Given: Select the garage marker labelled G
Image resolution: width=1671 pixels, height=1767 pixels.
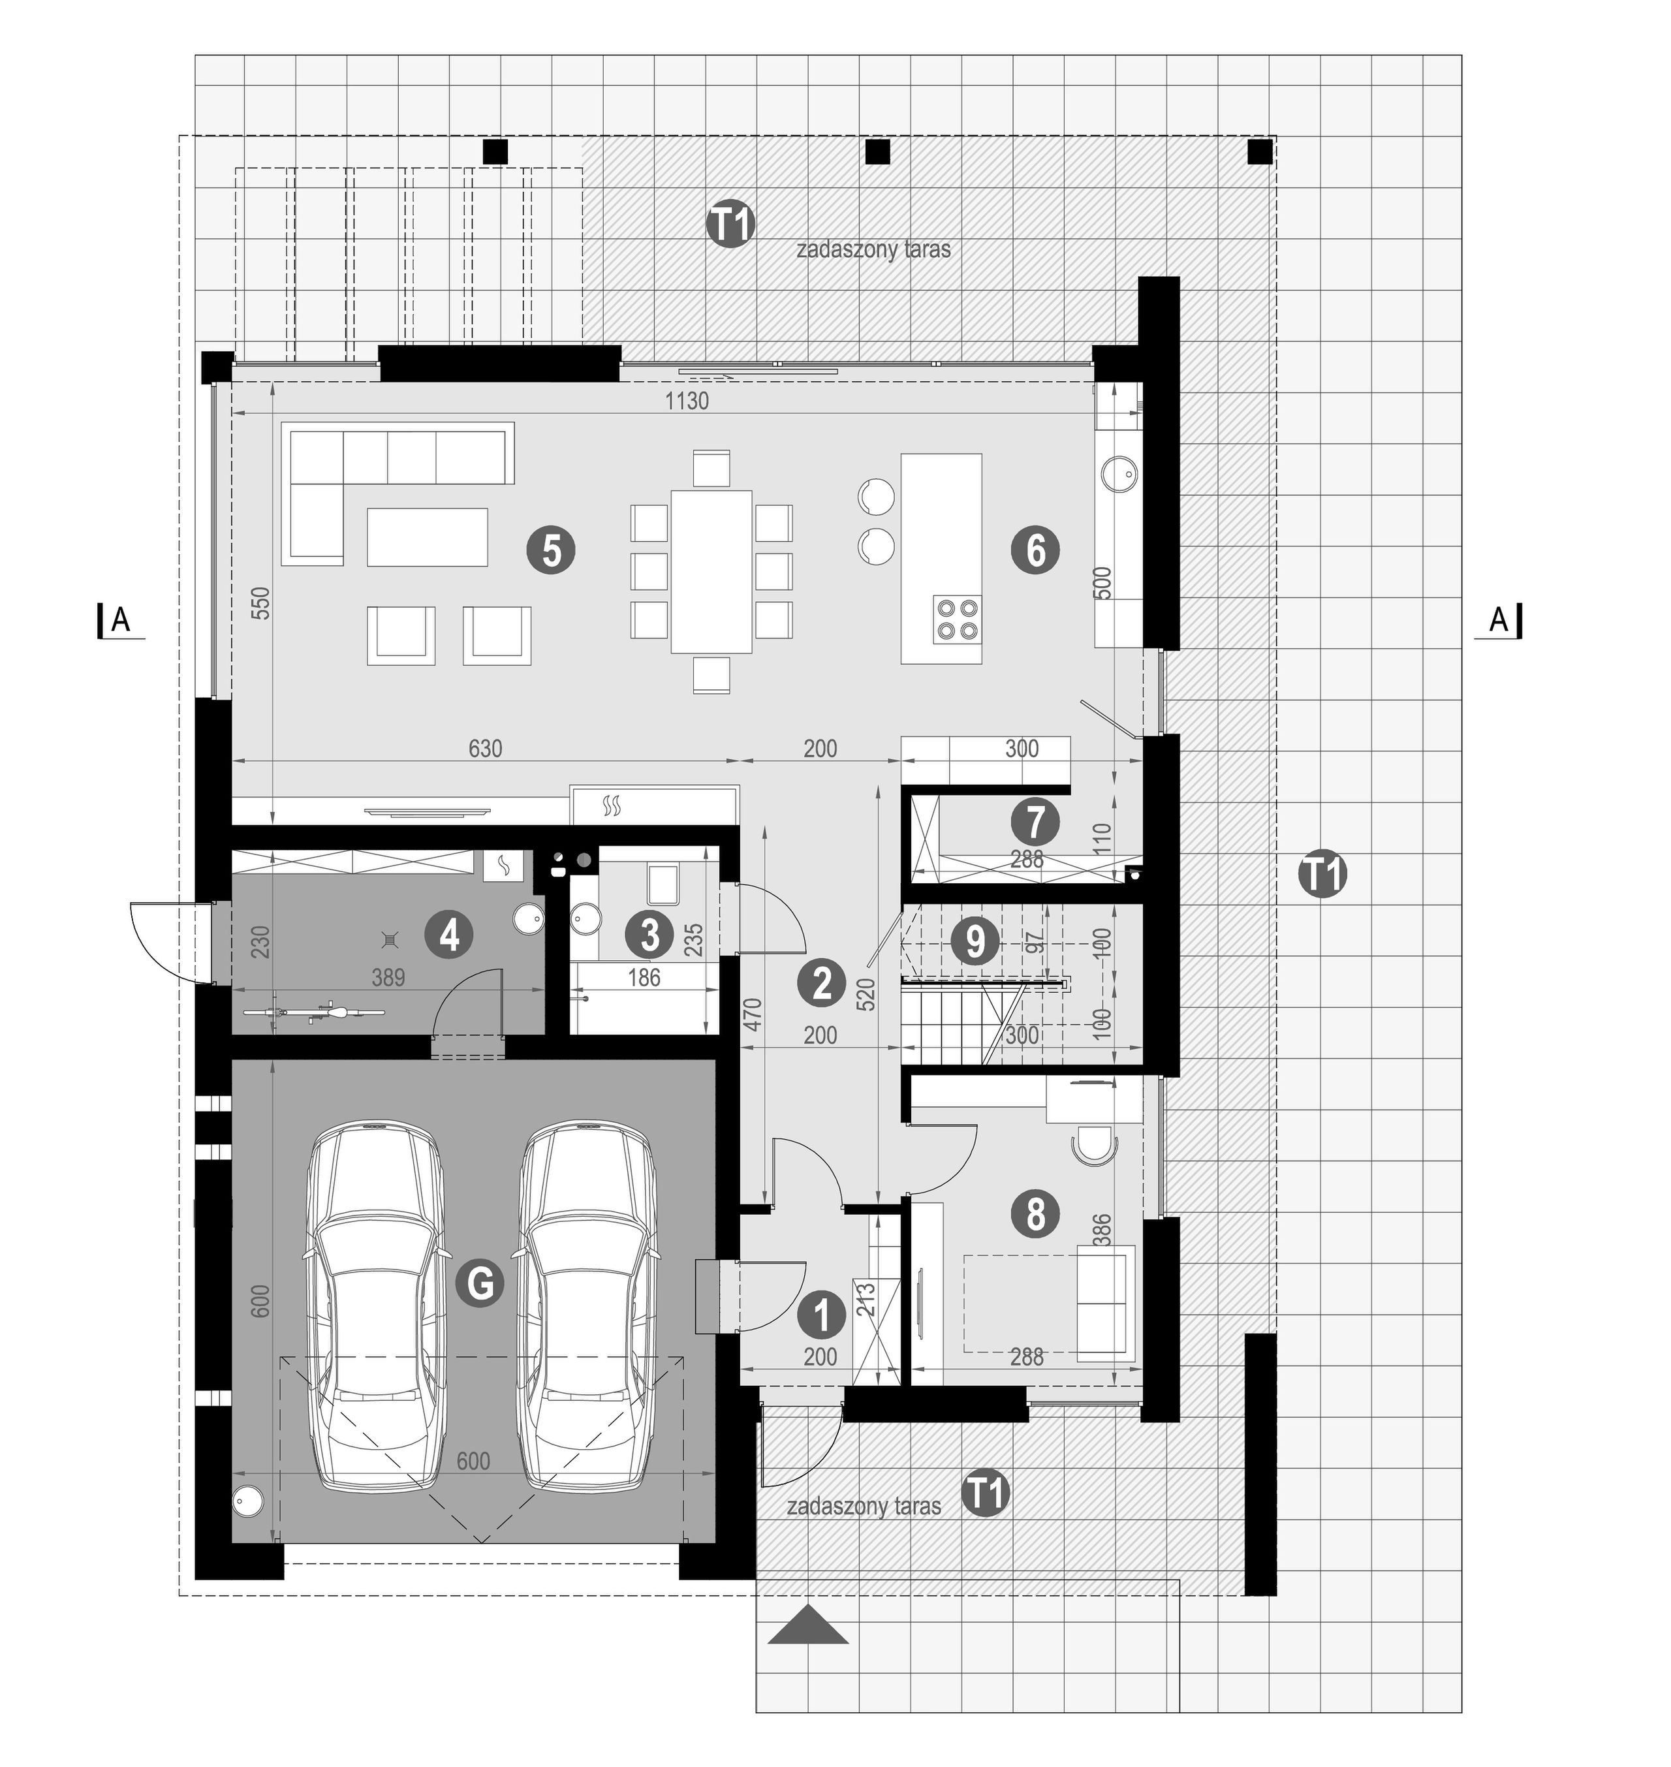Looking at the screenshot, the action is [480, 1283].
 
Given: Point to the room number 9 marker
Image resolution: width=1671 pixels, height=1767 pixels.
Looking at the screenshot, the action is [975, 941].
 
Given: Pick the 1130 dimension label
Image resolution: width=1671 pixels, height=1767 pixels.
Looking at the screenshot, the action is [687, 401].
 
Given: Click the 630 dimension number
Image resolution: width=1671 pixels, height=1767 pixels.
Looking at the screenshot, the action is [486, 748].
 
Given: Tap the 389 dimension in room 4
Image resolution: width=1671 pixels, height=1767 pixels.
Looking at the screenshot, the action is [388, 977].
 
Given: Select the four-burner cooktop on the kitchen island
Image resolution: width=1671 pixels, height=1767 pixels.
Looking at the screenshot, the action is [958, 619].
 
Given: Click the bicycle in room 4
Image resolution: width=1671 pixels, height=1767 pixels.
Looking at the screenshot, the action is [313, 1012].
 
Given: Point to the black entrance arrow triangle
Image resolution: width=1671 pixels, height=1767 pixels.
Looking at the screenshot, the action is [808, 1625].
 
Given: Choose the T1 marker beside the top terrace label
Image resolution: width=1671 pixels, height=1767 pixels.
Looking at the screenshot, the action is [730, 225].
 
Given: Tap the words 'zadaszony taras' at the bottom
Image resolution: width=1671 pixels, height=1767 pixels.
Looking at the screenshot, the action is [864, 1506].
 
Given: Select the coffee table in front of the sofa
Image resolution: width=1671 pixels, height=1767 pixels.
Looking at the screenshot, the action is [428, 537].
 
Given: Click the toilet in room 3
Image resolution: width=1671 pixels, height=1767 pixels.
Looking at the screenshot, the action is [664, 884].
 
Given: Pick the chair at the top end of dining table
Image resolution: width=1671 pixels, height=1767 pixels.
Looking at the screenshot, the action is [711, 469].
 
